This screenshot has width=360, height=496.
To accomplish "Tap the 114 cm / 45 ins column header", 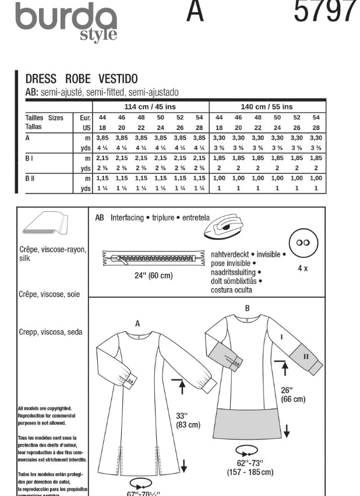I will tap(150, 107).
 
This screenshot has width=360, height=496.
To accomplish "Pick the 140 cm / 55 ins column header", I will tap(267, 107).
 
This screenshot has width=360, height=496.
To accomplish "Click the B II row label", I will tap(31, 178).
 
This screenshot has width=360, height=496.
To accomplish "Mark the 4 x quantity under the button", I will tap(303, 270).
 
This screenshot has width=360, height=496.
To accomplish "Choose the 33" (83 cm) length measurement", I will tap(188, 420).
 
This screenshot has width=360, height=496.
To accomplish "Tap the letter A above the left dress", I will tap(138, 323).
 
